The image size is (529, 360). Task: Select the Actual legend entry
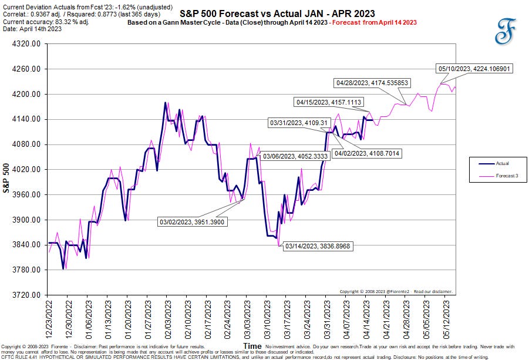[487, 163]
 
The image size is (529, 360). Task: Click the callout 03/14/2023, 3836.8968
[317, 247]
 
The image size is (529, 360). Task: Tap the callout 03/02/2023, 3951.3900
[193, 221]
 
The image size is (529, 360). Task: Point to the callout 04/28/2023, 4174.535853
[371, 83]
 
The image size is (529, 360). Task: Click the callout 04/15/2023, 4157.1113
[332, 102]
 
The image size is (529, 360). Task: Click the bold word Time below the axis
[252, 346]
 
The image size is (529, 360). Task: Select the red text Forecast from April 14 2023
[381, 22]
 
